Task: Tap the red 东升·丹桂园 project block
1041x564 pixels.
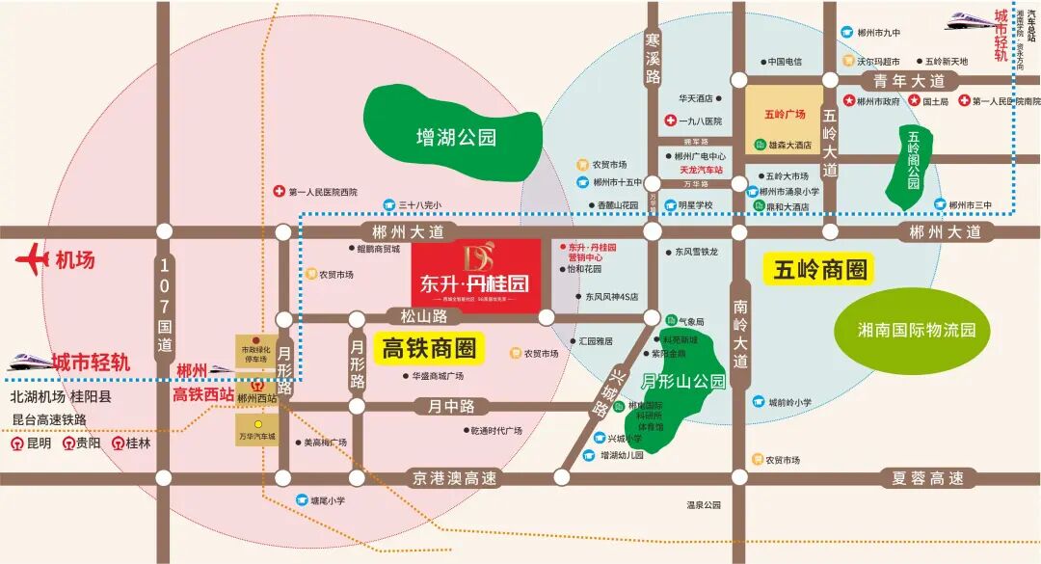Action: [x=475, y=275]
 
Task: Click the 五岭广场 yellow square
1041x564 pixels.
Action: [x=784, y=114]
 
